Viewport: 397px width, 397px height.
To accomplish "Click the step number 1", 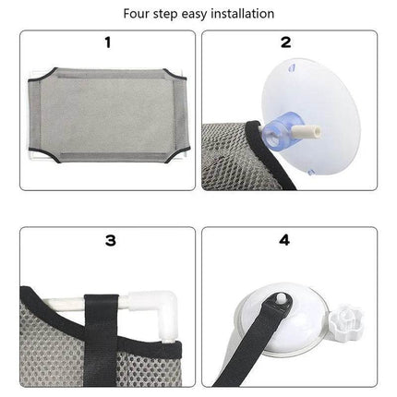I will click(109, 42).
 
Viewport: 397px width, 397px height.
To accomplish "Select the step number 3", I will click(109, 241).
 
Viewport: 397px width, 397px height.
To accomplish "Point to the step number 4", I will click(287, 241).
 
